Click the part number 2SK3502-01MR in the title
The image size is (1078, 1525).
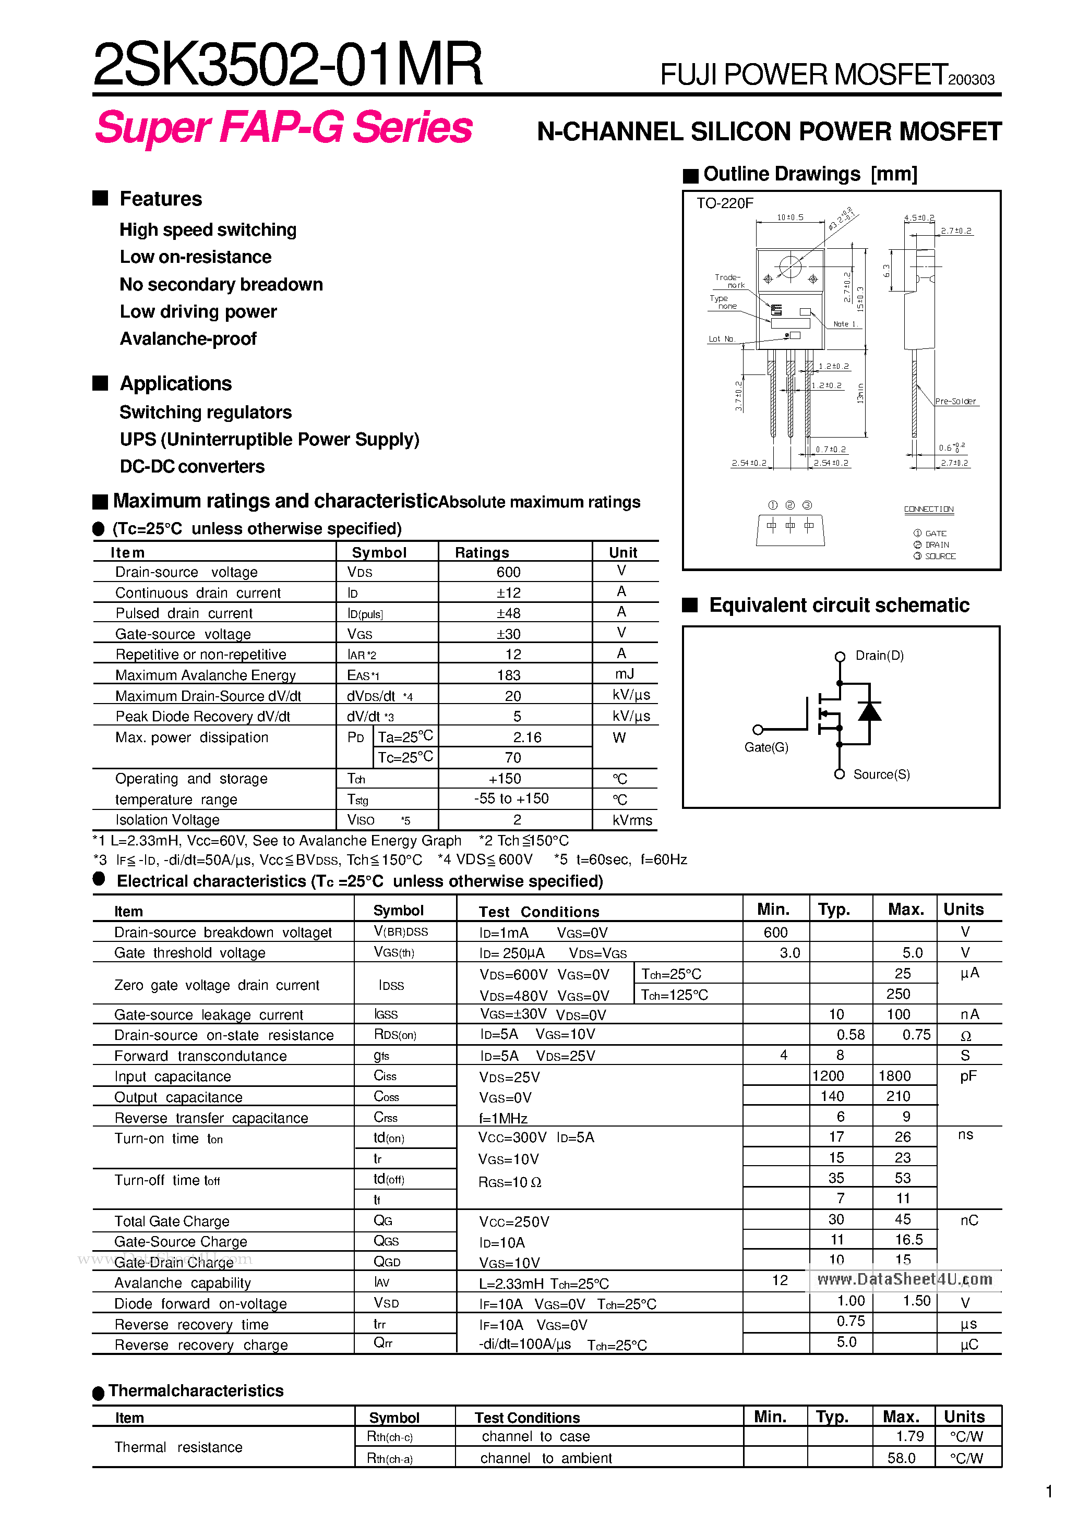[x=287, y=65]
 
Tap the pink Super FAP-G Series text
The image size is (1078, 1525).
[x=284, y=127]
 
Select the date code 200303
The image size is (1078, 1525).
[x=971, y=80]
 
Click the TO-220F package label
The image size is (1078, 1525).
[x=724, y=203]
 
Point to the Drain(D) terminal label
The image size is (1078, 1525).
[x=879, y=656]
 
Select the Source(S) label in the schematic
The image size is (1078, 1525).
[x=881, y=774]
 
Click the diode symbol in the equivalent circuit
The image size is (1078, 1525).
[x=869, y=712]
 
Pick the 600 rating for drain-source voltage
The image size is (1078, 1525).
[x=508, y=572]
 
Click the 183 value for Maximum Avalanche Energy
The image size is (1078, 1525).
[x=508, y=675]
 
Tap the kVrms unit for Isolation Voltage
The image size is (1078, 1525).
[x=631, y=820]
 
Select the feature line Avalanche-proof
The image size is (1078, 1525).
[x=188, y=338]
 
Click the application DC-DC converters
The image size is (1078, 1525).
[x=192, y=466]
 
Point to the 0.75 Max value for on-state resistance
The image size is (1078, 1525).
[x=916, y=1035]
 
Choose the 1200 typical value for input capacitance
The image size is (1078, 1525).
[x=828, y=1076]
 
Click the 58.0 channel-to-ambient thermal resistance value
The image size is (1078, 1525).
[x=901, y=1458]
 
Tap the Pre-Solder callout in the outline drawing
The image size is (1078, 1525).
[x=955, y=401]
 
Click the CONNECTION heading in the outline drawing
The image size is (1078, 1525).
[x=928, y=510]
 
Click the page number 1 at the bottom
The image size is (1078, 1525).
[x=1049, y=1492]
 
